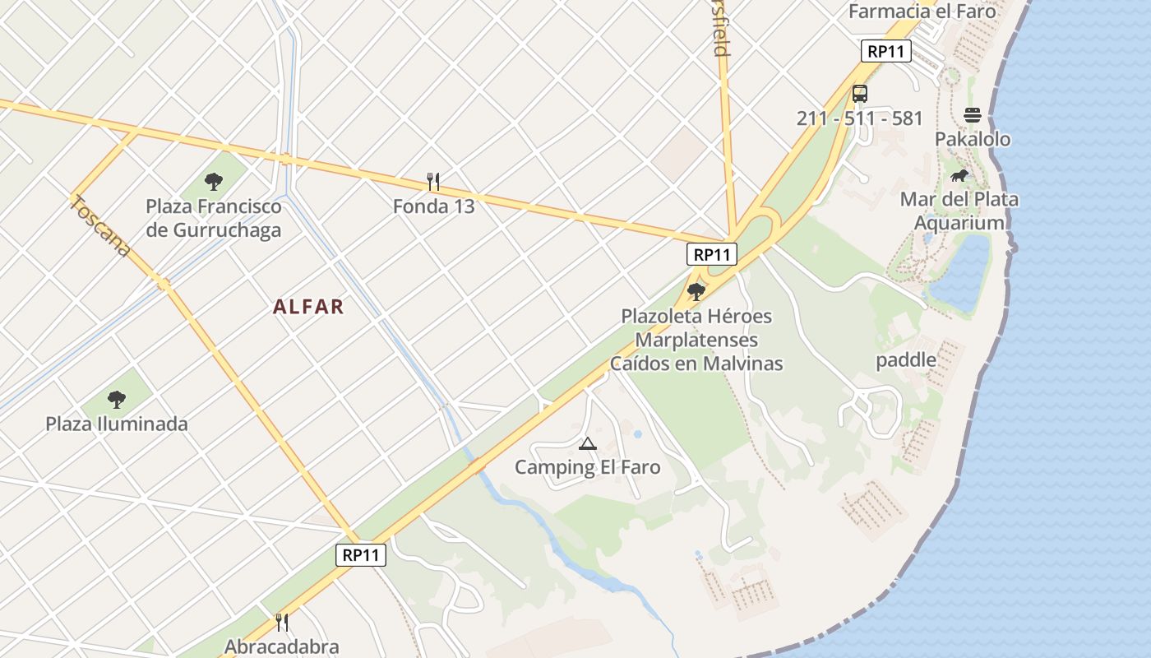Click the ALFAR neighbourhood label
click(308, 307)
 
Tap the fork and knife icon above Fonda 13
click(433, 181)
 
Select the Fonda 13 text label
click(433, 206)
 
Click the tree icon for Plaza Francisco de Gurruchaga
click(214, 181)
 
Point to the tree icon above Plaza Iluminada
click(117, 400)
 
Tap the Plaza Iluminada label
click(117, 424)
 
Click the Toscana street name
click(101, 225)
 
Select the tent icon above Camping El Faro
click(587, 444)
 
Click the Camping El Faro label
click(587, 467)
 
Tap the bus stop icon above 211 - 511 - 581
click(860, 94)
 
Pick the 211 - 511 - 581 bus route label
click(860, 118)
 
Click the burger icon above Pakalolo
click(973, 115)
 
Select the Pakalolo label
click(973, 139)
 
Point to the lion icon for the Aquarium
click(959, 175)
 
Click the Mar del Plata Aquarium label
click(959, 211)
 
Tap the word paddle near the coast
click(906, 359)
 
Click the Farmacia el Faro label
click(922, 12)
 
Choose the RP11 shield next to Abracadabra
click(361, 555)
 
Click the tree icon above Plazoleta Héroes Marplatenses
click(696, 291)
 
